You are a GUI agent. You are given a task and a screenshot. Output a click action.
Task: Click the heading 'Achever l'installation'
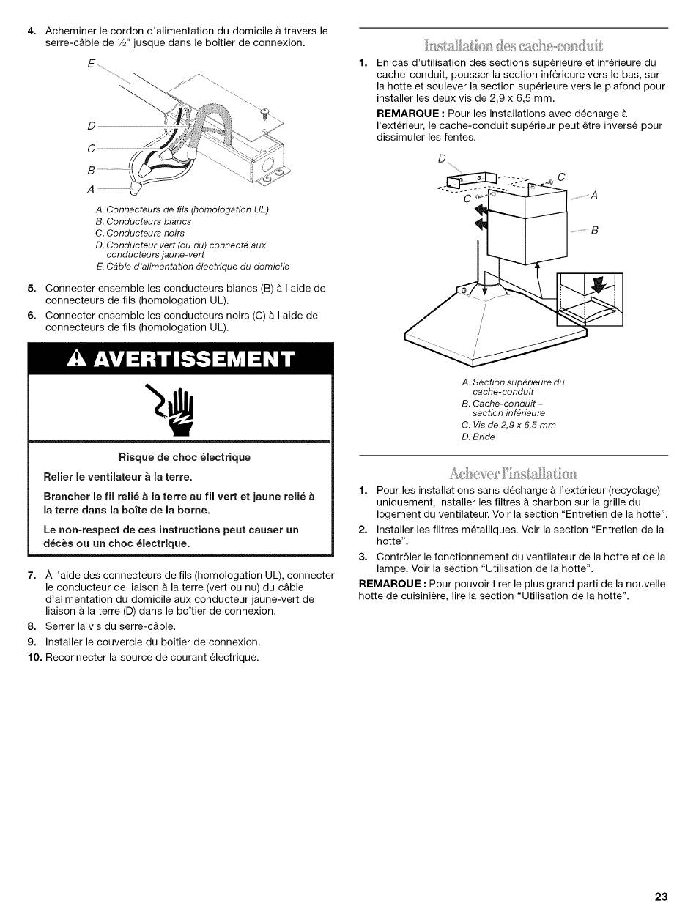tap(514, 472)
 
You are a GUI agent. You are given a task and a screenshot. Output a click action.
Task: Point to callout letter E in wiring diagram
tap(90, 64)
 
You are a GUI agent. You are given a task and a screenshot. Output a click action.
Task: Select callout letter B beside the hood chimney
tap(595, 229)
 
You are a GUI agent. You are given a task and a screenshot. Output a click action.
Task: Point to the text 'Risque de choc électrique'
tap(179, 457)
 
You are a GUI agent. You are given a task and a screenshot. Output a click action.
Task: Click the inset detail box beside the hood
tap(590, 299)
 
